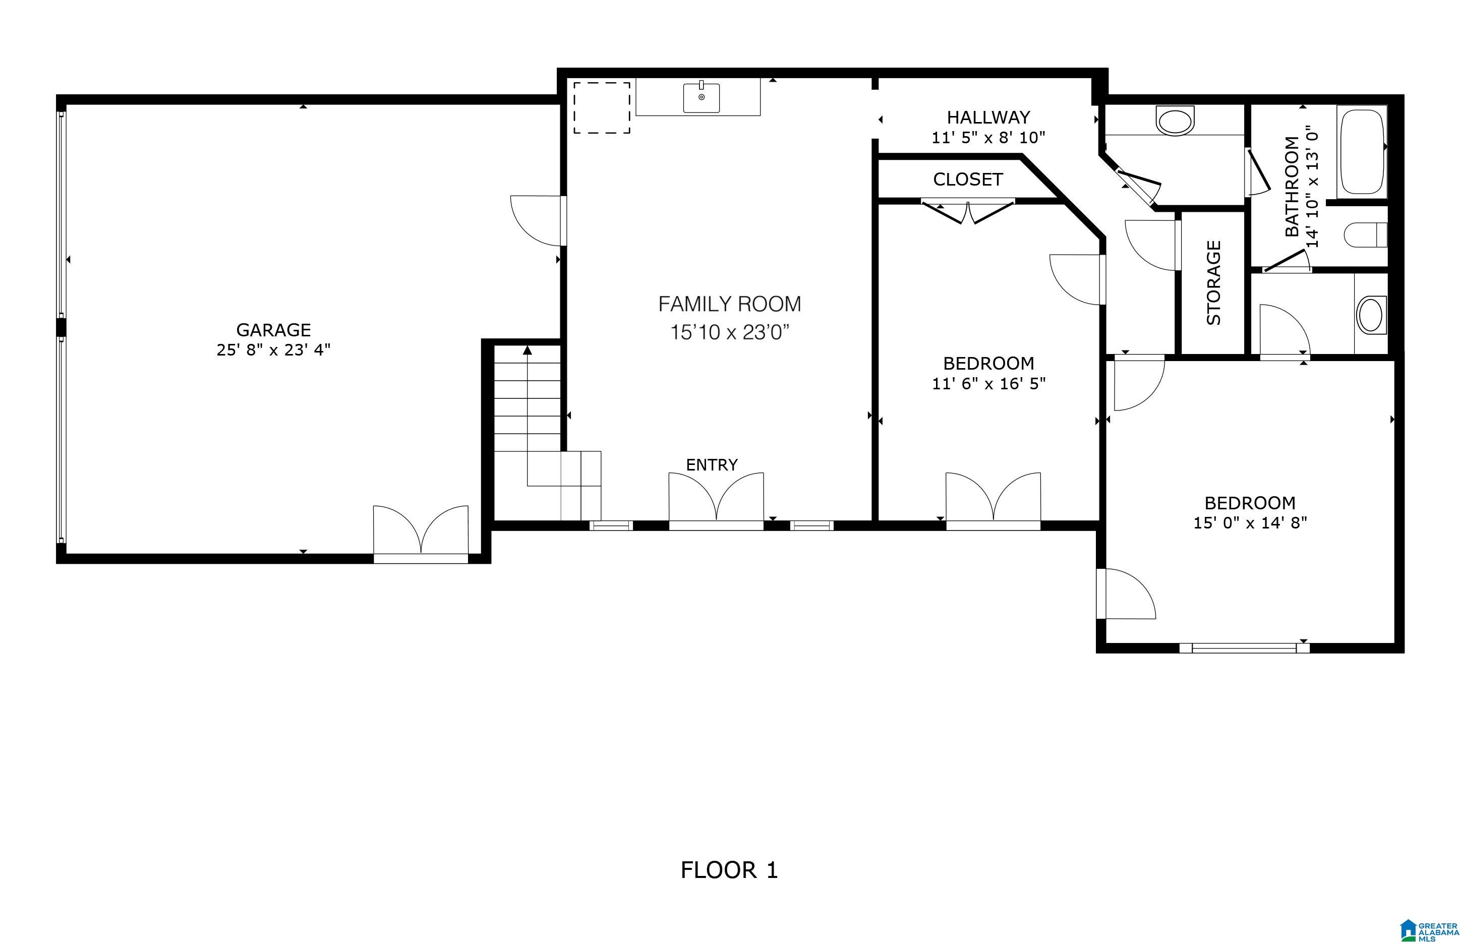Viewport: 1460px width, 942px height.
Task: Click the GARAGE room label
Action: (x=273, y=330)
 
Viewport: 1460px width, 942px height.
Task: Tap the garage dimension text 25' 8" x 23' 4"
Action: (x=273, y=350)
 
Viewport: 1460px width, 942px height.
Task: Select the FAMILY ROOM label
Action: (x=730, y=304)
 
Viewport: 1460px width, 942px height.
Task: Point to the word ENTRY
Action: (x=712, y=465)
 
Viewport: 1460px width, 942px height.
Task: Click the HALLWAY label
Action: (x=988, y=117)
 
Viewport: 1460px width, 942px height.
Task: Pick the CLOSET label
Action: (x=968, y=179)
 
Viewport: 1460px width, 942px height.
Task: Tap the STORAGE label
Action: (x=1213, y=282)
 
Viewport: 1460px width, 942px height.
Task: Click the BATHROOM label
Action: (x=1292, y=186)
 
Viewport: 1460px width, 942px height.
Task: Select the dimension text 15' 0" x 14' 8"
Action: (x=1250, y=523)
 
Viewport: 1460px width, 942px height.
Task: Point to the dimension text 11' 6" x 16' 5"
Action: (x=989, y=384)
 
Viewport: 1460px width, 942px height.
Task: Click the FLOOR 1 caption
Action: (x=729, y=870)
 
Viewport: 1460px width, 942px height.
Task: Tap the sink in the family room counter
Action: (x=701, y=98)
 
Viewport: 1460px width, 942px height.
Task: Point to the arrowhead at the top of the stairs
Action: (x=527, y=350)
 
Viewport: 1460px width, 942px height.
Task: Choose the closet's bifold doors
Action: (x=968, y=211)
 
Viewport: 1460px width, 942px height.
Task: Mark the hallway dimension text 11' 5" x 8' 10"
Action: (x=988, y=138)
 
